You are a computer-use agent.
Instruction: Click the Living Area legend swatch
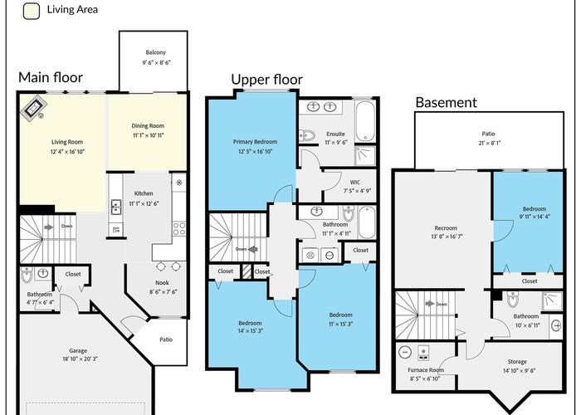tap(32, 11)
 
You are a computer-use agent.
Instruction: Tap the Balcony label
tap(156, 52)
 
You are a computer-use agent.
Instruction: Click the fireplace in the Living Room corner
tap(33, 108)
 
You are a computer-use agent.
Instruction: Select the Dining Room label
tap(148, 126)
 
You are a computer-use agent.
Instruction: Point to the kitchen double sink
tap(116, 207)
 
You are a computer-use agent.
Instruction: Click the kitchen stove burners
tap(179, 228)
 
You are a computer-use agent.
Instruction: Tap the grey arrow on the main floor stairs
tap(48, 227)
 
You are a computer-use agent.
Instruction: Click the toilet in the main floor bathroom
tap(27, 275)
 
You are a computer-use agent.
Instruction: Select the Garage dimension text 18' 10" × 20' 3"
tap(81, 359)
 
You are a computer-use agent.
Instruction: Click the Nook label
tap(163, 283)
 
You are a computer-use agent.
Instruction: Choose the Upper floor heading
tap(266, 80)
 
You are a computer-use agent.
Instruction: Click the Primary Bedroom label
tap(255, 142)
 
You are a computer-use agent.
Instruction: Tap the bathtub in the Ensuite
tap(365, 120)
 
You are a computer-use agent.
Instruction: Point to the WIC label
tap(355, 183)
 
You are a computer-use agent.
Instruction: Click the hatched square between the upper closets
tap(247, 271)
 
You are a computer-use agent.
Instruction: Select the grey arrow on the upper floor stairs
tap(253, 249)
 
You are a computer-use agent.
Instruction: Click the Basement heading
tap(447, 102)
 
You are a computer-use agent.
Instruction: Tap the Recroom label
tap(446, 228)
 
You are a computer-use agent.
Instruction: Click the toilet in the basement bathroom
tap(513, 300)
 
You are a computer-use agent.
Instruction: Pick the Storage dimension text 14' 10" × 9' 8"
tap(519, 370)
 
